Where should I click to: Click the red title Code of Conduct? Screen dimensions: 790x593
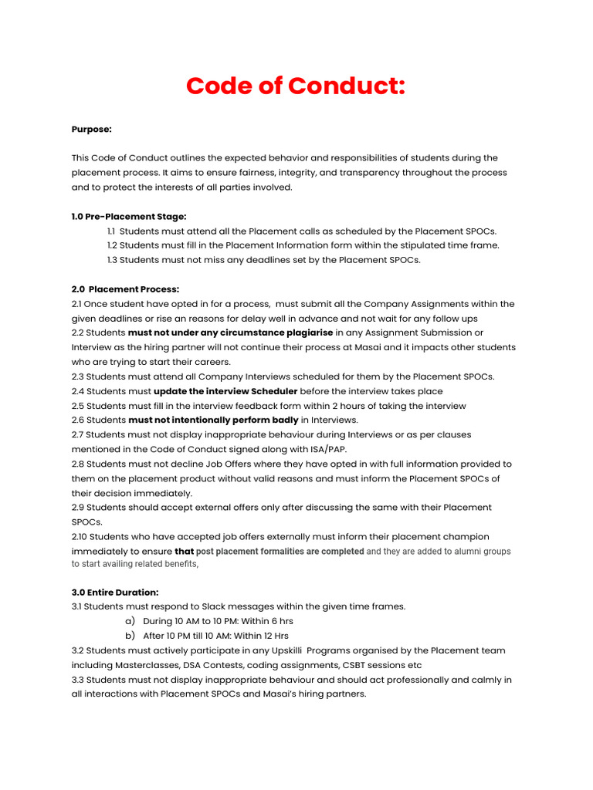[x=296, y=86]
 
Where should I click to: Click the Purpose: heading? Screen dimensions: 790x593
[x=91, y=129]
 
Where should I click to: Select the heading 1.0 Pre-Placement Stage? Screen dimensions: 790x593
[x=129, y=216]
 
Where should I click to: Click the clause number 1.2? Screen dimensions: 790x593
[x=112, y=245]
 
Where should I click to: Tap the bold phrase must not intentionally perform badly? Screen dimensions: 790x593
[x=213, y=420]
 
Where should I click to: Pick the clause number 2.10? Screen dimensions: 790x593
[x=81, y=536]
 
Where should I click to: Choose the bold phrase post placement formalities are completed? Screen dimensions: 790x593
[x=280, y=552]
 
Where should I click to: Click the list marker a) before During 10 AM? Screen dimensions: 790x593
[x=130, y=621]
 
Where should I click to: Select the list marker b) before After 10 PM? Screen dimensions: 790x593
[x=130, y=636]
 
